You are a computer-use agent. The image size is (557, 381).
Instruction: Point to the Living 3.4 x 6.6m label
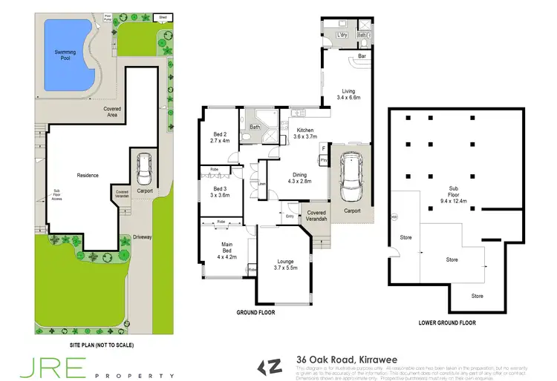(x=348, y=94)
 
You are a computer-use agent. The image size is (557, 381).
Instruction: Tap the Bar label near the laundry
(x=362, y=56)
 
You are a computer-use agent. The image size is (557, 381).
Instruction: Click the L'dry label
(x=342, y=35)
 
